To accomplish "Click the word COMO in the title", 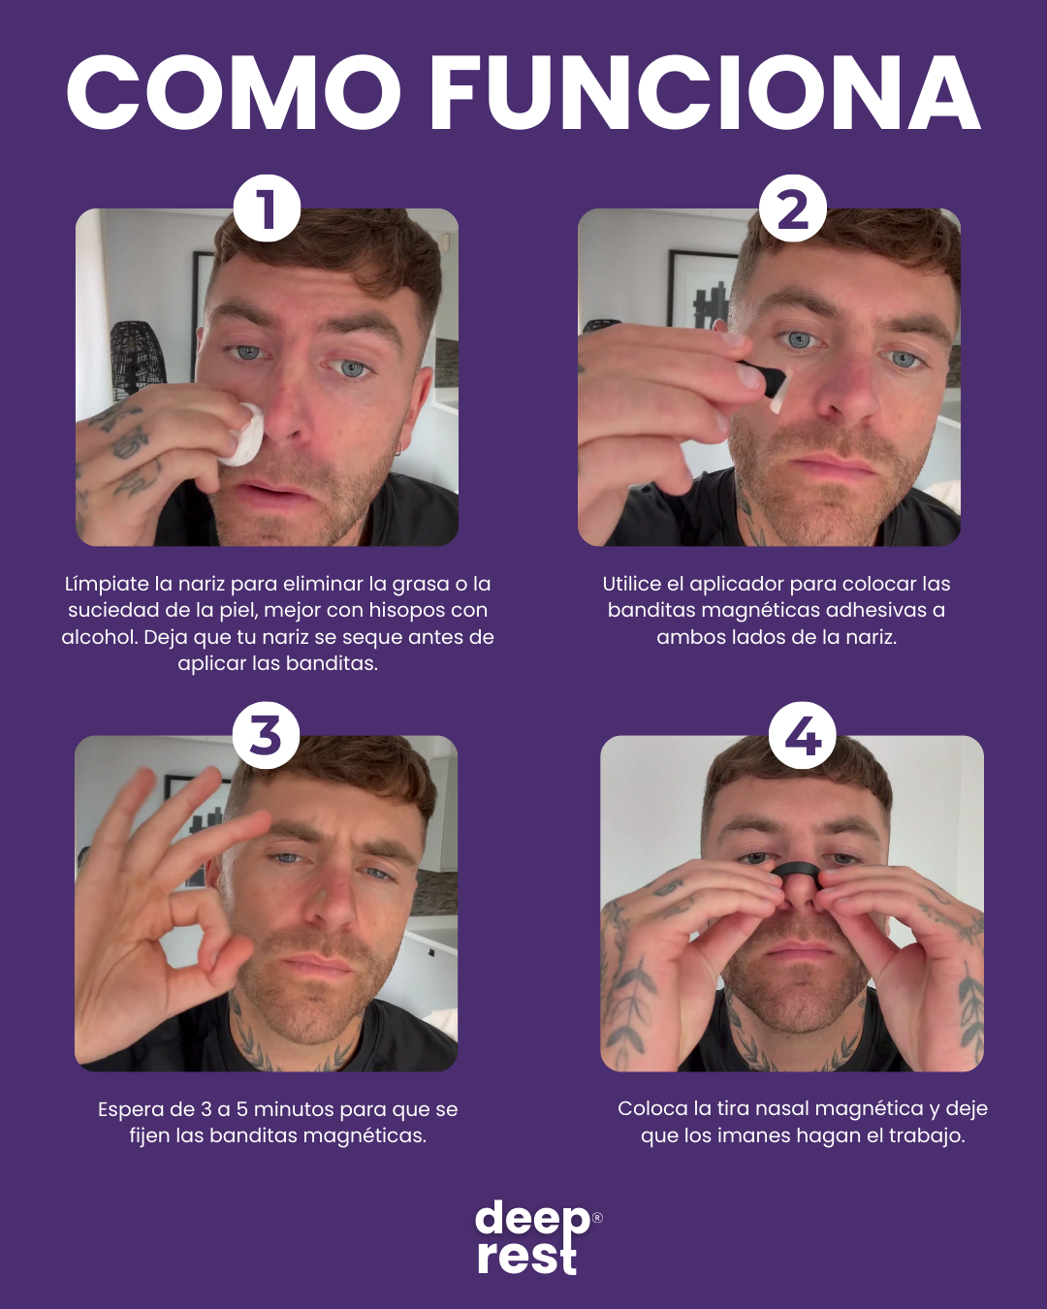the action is tap(234, 92).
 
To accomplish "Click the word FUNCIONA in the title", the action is tap(706, 92).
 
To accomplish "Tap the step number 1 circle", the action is tap(267, 208).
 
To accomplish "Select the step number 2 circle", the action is tap(792, 208).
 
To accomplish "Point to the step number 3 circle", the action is tap(266, 735).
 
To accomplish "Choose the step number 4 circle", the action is tap(803, 735).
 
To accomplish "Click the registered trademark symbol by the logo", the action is tap(597, 1217).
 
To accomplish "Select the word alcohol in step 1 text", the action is tap(100, 637).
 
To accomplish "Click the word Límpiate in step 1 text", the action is tap(107, 585).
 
